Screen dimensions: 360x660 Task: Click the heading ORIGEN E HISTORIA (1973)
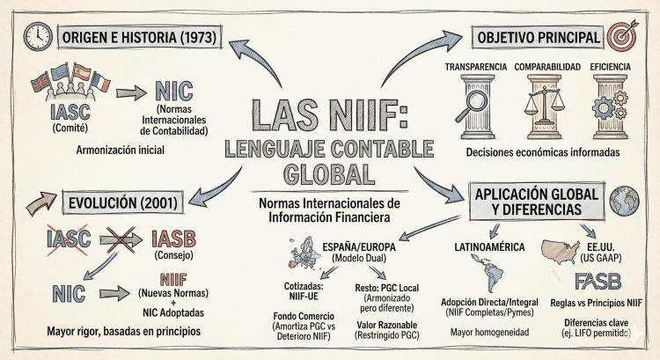coord(140,37)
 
